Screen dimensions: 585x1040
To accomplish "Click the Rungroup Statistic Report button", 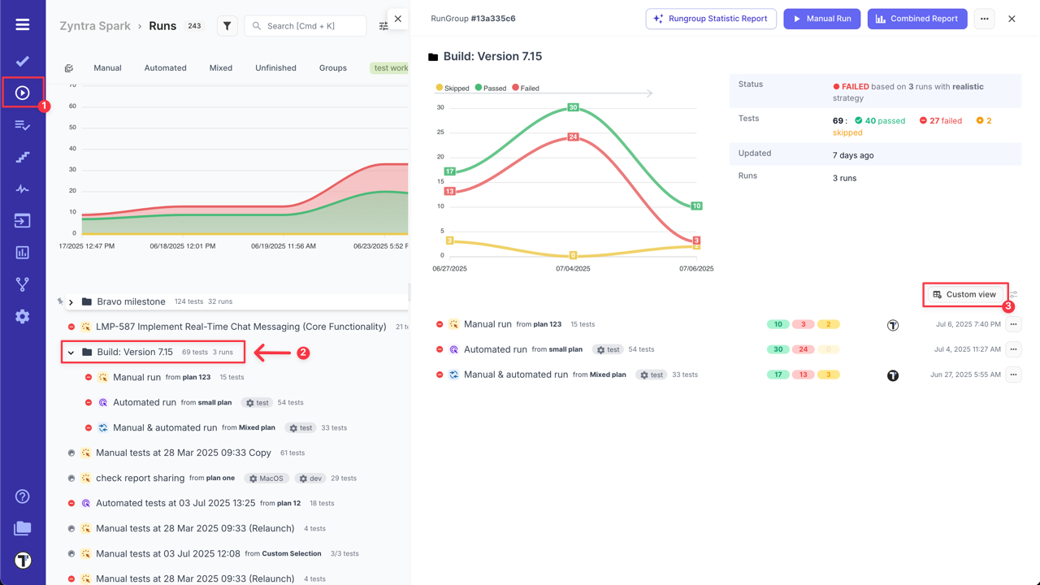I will (x=711, y=19).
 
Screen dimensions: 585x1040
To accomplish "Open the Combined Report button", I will (x=917, y=19).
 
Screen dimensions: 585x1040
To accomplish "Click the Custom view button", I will (x=964, y=294).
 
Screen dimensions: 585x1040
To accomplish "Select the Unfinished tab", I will (x=275, y=68).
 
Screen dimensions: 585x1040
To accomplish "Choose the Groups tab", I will (x=332, y=68).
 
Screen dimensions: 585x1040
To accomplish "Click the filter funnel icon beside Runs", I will (x=227, y=26).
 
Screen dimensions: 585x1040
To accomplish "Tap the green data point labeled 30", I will (x=573, y=107).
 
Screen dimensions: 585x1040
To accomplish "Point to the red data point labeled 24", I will (x=573, y=136).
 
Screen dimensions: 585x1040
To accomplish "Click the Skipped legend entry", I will (x=453, y=88).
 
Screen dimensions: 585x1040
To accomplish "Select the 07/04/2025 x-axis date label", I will (x=573, y=268).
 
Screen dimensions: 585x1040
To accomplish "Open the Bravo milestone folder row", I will (x=131, y=301).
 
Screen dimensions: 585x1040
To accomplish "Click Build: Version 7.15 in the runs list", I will (x=135, y=352).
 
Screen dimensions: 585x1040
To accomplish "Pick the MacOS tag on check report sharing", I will (x=266, y=478).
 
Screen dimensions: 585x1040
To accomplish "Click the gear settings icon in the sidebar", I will (x=23, y=316).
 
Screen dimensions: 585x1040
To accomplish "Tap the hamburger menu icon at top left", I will (x=23, y=24).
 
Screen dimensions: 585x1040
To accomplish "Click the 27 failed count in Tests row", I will (x=940, y=120).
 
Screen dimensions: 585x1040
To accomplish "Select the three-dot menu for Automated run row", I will (x=1012, y=349).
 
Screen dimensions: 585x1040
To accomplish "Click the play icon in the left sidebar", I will (x=23, y=93).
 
